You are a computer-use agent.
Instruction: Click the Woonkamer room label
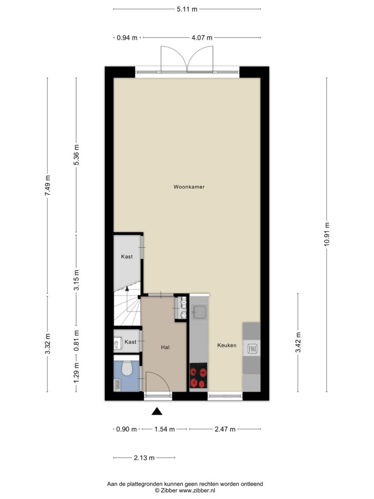click(x=189, y=187)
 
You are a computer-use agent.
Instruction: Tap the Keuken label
click(x=227, y=345)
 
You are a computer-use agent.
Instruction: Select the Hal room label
click(x=165, y=347)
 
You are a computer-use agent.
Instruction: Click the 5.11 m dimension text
click(x=187, y=9)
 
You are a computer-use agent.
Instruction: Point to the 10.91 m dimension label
click(x=327, y=234)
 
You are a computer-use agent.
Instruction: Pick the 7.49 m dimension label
click(x=47, y=185)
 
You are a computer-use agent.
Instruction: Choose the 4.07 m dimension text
click(x=202, y=38)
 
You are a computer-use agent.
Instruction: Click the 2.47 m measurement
click(x=225, y=429)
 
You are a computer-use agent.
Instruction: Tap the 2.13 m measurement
click(x=144, y=458)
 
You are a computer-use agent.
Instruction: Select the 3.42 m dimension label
click(x=298, y=343)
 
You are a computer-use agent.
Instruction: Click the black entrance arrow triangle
click(x=157, y=411)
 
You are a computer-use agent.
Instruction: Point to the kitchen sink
click(x=199, y=312)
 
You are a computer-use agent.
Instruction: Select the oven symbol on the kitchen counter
click(x=252, y=349)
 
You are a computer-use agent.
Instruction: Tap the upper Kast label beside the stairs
click(x=127, y=256)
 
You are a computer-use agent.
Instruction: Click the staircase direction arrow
click(x=127, y=299)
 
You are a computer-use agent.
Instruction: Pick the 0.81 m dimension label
click(x=76, y=341)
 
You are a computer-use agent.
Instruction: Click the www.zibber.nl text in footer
click(x=197, y=490)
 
